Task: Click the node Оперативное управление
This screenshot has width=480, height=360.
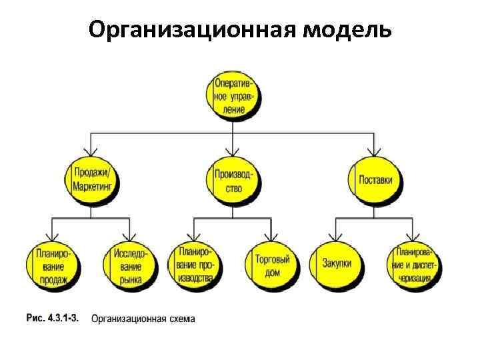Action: click(233, 96)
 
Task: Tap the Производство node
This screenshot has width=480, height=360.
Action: click(233, 179)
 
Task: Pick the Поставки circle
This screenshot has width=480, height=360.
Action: click(375, 179)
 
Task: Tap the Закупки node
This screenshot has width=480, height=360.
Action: click(336, 265)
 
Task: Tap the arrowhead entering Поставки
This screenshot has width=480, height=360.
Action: click(375, 151)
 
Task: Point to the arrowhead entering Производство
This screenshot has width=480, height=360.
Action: click(233, 151)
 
